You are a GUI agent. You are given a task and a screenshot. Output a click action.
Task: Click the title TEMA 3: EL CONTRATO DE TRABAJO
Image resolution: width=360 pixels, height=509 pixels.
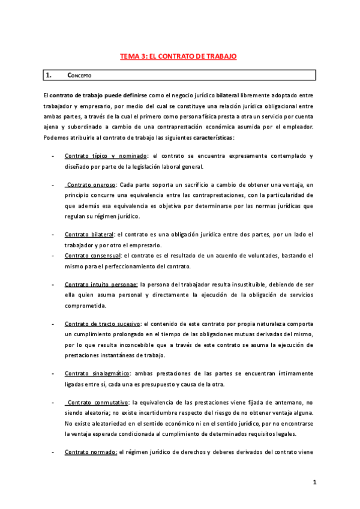tap(178, 56)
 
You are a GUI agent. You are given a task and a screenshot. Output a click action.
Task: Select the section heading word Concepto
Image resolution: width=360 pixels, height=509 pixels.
tap(79, 76)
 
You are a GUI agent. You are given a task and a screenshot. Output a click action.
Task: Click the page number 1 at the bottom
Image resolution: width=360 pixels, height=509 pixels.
tap(314, 482)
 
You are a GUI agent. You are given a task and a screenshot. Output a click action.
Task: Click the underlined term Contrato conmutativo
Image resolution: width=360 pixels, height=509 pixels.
tap(96, 402)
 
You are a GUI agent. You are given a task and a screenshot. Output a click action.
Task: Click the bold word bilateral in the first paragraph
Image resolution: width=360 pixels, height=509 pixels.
tap(217, 95)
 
